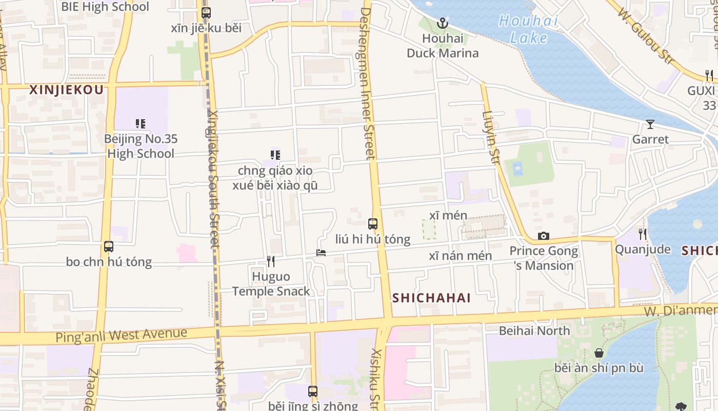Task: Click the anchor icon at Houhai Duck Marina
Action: click(x=442, y=23)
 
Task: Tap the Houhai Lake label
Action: click(x=528, y=29)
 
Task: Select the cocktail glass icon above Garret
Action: click(x=650, y=124)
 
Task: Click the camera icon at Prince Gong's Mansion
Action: click(x=543, y=236)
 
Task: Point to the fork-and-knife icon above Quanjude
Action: click(x=643, y=234)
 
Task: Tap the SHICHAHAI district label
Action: click(x=431, y=298)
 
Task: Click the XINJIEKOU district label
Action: click(x=67, y=90)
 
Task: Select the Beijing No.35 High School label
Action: click(x=139, y=146)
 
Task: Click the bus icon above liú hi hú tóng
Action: click(x=373, y=224)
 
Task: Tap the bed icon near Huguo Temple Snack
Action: click(x=321, y=252)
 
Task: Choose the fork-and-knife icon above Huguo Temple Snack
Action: click(x=271, y=261)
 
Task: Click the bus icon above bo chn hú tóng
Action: click(x=109, y=246)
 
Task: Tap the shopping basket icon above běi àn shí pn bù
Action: click(x=599, y=353)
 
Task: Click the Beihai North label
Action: click(x=534, y=331)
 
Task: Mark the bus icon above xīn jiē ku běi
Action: click(x=206, y=13)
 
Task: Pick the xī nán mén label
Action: click(x=460, y=256)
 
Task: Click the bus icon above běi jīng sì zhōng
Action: click(x=313, y=391)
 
